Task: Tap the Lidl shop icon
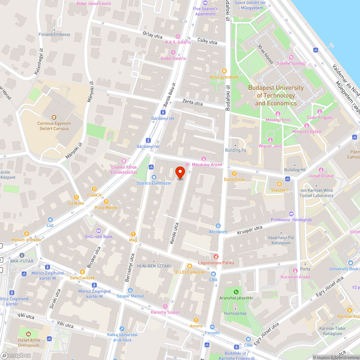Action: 50,219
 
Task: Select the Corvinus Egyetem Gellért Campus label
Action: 54,126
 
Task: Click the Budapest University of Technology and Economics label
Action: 276,95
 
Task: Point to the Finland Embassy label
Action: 54,35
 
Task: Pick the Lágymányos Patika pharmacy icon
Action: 216,257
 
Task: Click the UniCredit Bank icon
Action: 98,231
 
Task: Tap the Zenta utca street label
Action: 193,103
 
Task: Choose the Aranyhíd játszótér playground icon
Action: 236,292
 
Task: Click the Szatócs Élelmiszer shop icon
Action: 154,177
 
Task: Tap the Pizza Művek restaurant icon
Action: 106,202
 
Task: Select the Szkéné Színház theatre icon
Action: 291,57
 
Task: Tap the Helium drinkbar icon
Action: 27,234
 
